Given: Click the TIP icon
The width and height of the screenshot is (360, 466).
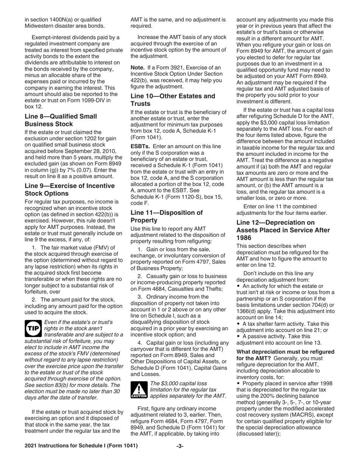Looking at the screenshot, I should (33, 328).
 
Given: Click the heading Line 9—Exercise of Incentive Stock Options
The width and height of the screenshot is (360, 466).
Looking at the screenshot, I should (69, 189).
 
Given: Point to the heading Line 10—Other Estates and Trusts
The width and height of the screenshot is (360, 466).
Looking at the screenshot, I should (172, 100).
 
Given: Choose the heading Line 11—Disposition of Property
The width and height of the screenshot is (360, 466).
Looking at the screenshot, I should (166, 216).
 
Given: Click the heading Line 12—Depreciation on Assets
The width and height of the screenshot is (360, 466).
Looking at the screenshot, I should (283, 230).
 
